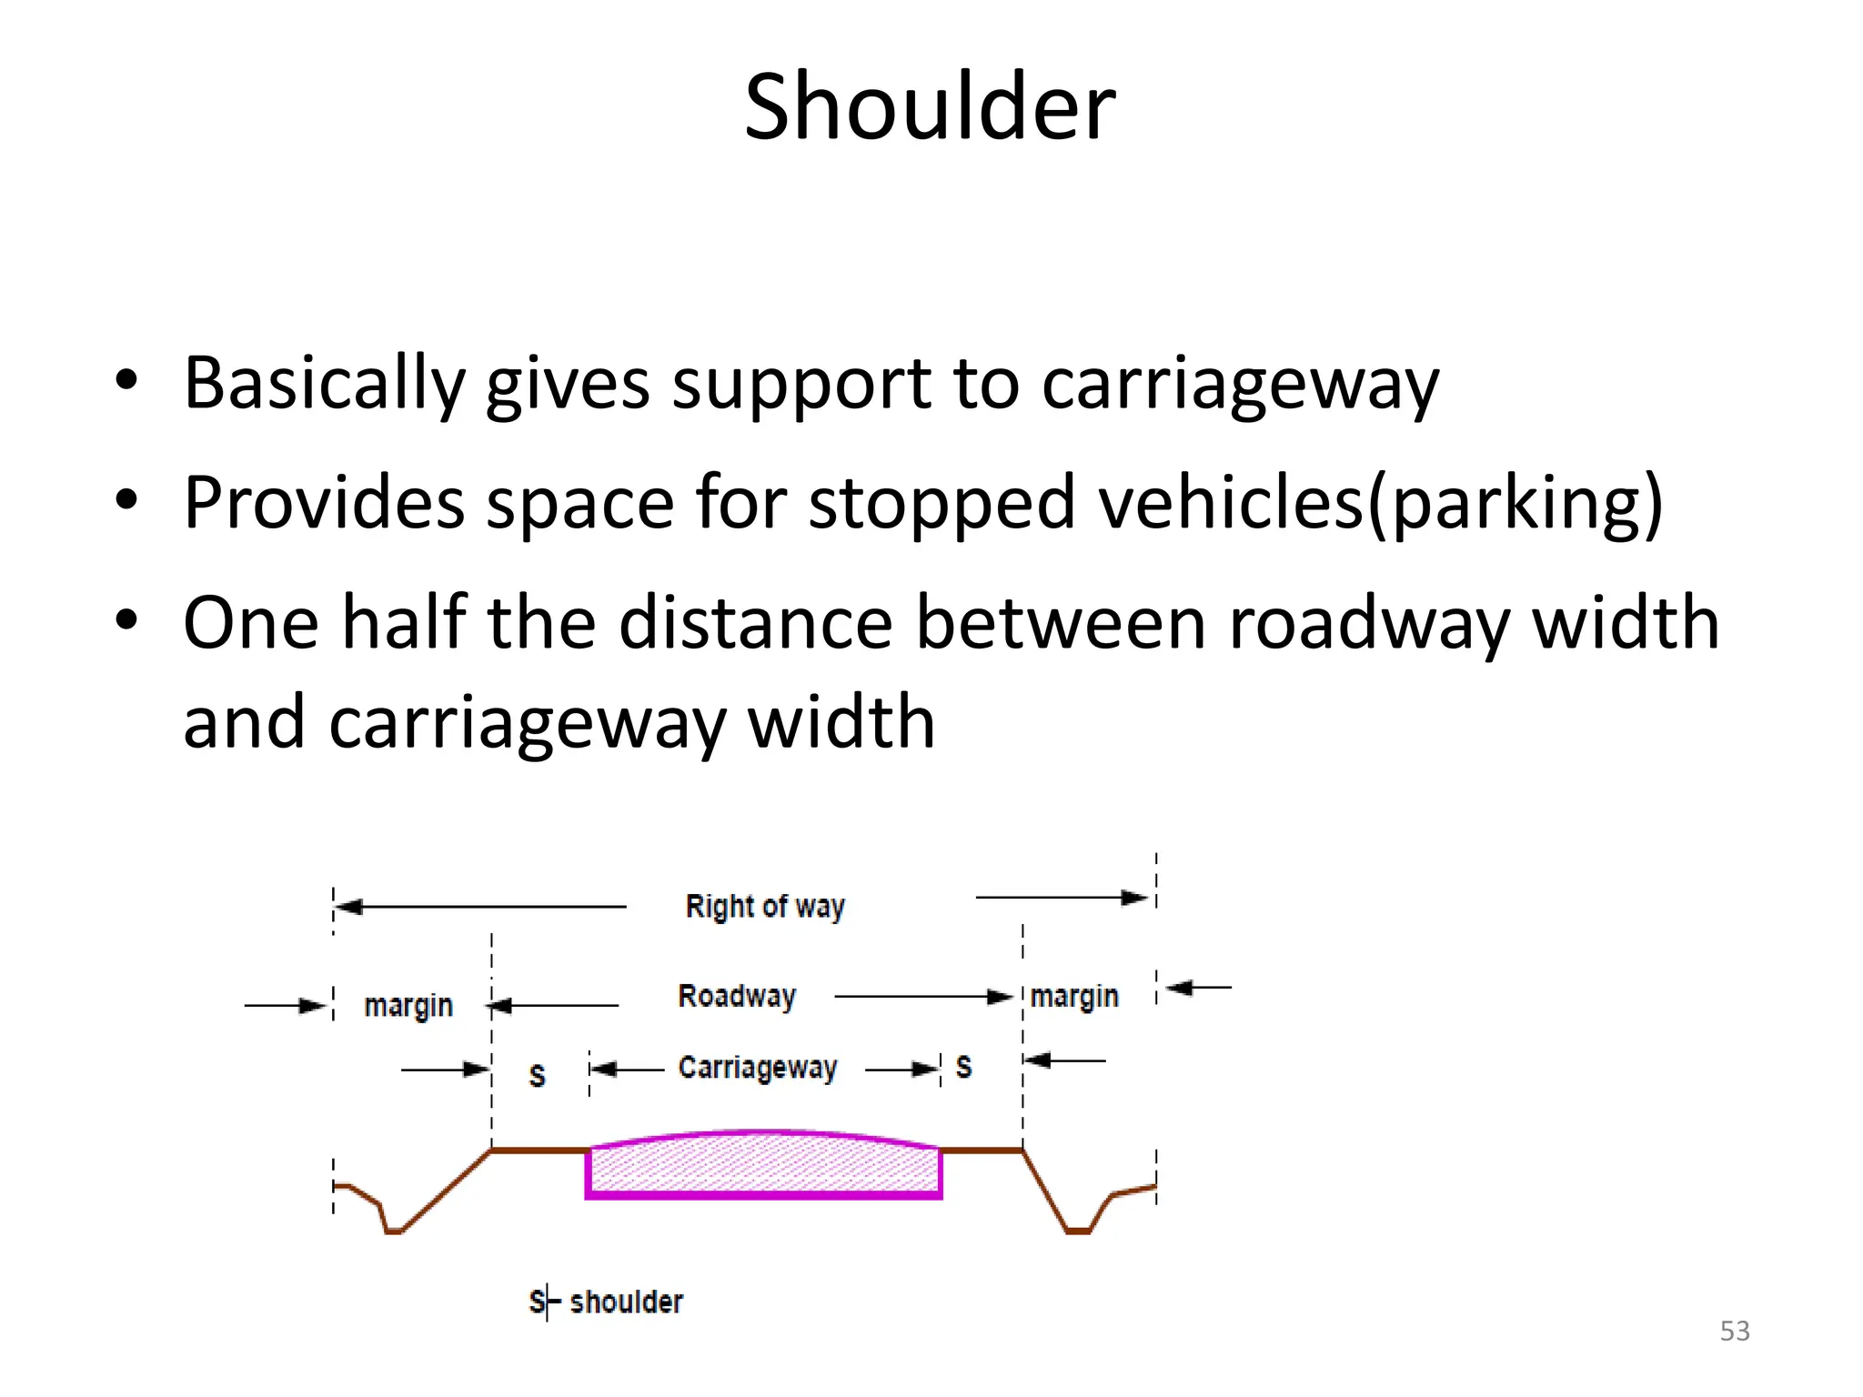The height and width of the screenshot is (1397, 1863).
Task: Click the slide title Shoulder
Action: tap(930, 107)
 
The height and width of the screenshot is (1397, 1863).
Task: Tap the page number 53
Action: tap(1734, 1331)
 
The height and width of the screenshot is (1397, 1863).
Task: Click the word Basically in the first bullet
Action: tap(325, 383)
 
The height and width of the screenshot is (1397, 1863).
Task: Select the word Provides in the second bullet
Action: tap(325, 502)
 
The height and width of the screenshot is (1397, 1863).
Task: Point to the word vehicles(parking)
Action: tap(1381, 502)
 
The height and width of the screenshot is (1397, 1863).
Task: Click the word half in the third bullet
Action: tap(404, 622)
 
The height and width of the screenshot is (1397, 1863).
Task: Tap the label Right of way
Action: tap(765, 907)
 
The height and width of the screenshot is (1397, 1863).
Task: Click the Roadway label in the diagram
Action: tap(737, 996)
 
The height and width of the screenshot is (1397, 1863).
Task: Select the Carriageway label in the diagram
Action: tap(758, 1067)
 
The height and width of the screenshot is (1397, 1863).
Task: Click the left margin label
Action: tap(408, 1006)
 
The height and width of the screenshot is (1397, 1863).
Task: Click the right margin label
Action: tap(1074, 997)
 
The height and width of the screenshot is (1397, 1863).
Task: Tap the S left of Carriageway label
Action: tap(538, 1076)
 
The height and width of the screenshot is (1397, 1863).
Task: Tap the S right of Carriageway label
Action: tap(964, 1066)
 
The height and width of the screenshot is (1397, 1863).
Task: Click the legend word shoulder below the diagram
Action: tap(626, 1302)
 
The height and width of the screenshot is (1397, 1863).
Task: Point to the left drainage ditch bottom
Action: tap(394, 1231)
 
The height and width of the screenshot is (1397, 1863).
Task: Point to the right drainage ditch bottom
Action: tap(1078, 1231)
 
